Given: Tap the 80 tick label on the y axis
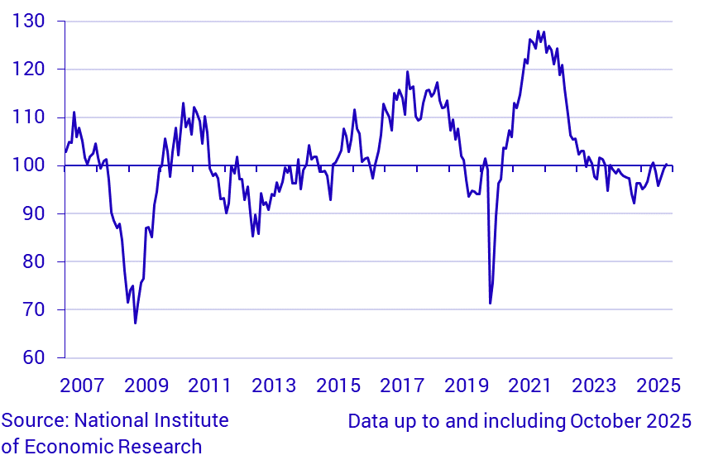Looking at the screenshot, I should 34,261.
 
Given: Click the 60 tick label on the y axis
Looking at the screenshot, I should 34,357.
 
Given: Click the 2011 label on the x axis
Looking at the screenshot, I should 209,386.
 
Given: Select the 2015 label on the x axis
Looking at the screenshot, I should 338,386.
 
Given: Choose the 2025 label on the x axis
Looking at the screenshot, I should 659,386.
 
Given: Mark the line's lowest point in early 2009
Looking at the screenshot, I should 135,323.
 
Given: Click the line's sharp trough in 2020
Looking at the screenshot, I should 490,304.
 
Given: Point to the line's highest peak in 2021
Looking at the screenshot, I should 538,31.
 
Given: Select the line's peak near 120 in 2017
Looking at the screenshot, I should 407,72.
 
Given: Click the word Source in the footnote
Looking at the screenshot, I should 34,420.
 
